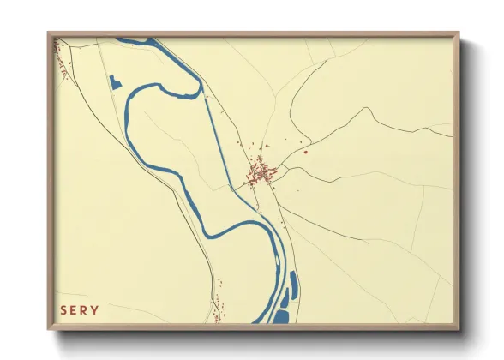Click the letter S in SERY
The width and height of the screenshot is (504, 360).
[63, 310]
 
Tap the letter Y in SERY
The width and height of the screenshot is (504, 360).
[95, 310]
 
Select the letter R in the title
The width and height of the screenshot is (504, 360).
[85, 310]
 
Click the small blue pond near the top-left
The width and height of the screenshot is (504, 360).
[114, 83]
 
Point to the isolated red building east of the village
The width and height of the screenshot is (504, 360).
[305, 153]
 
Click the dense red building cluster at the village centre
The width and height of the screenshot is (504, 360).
[260, 173]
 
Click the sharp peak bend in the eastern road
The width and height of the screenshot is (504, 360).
[368, 109]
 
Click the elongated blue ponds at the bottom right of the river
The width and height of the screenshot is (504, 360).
[290, 287]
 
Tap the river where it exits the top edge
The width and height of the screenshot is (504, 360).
[137, 39]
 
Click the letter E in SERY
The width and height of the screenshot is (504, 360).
[74, 310]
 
